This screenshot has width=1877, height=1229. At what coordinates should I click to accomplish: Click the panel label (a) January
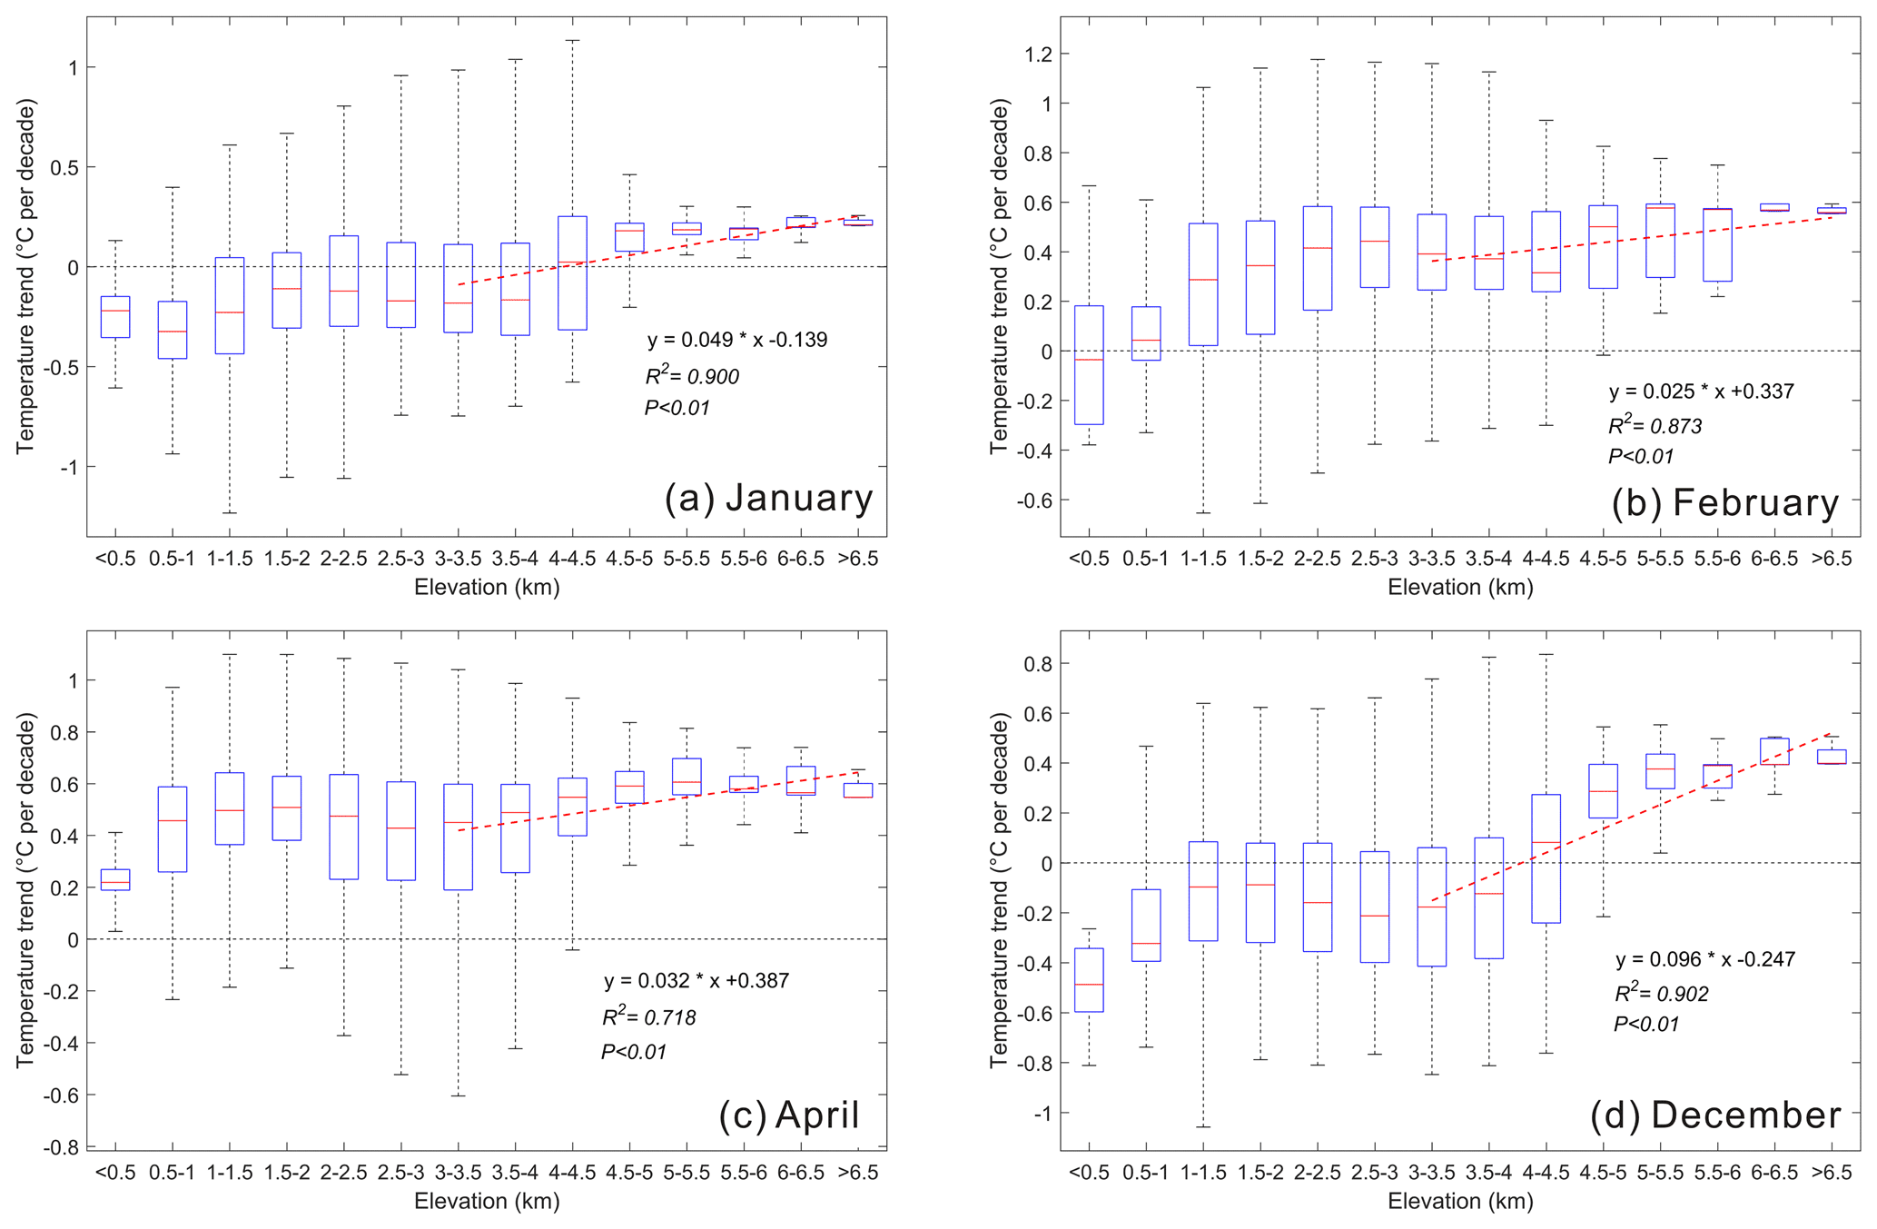(768, 499)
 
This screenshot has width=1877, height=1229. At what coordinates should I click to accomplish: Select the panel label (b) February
(1724, 503)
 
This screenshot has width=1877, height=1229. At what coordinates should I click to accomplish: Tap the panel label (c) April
(788, 1115)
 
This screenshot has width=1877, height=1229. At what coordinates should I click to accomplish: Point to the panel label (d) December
(1714, 1115)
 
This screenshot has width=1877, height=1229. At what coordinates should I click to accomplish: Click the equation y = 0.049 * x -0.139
(737, 341)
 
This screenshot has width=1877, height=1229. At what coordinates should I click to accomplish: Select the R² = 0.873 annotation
(1655, 426)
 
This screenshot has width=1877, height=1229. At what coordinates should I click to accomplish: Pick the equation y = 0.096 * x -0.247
(1704, 959)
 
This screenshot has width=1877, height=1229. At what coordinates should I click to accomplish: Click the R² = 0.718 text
(649, 1017)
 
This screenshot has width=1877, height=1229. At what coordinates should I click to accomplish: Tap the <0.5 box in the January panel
(115, 316)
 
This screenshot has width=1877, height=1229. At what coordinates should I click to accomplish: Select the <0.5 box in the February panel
(1089, 364)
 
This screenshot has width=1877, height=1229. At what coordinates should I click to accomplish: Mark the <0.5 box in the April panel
(115, 879)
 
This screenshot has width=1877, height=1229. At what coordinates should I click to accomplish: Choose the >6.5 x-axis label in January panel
(858, 559)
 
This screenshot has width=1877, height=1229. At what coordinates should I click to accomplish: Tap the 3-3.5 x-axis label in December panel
(1431, 1172)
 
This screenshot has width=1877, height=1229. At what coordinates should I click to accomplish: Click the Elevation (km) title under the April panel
(487, 1202)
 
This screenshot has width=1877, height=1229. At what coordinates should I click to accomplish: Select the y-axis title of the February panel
(999, 276)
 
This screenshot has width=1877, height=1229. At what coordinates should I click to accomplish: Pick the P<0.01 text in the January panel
(677, 408)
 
